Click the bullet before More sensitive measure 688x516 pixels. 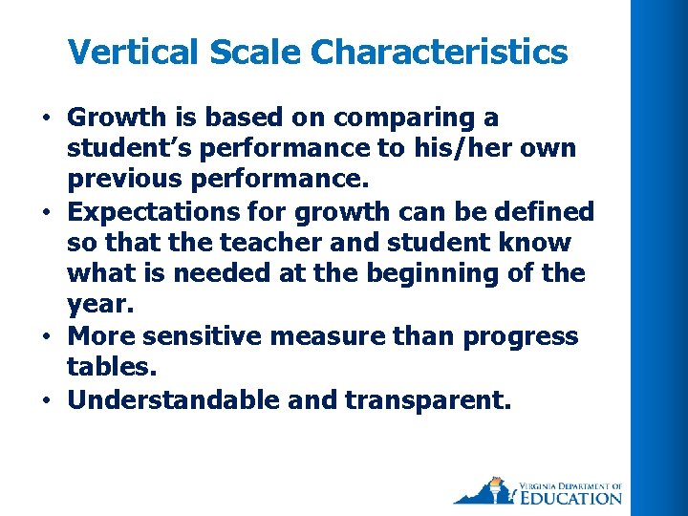tap(46, 337)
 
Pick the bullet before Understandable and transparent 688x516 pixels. tap(46, 400)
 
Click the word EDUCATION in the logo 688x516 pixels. tap(569, 497)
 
